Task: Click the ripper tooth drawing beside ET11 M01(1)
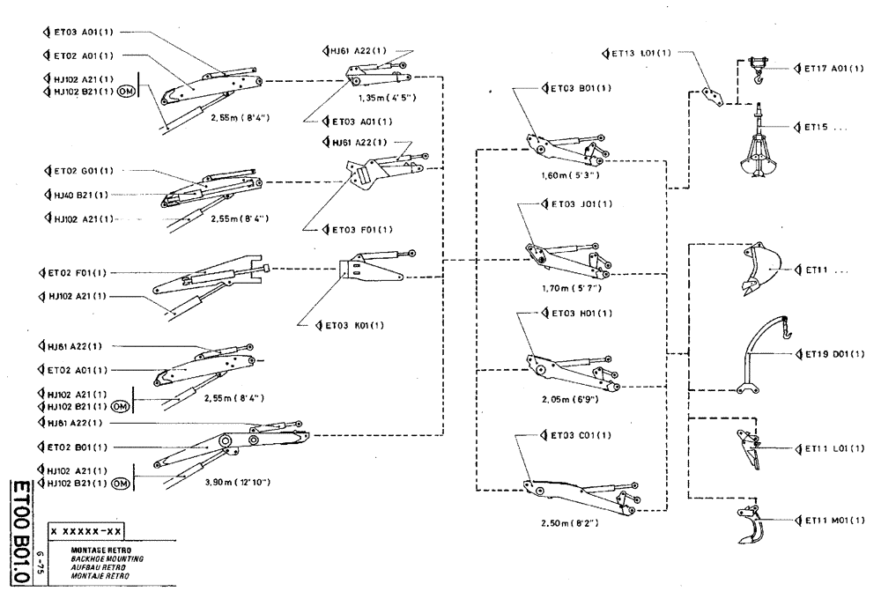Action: click(750, 528)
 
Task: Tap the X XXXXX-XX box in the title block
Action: click(86, 530)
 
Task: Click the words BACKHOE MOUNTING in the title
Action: click(107, 559)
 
